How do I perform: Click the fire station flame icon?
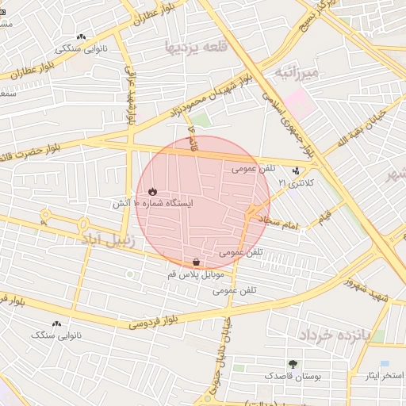(152, 191)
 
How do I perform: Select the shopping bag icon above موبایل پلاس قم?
(196, 262)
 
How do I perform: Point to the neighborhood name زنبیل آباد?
(111, 236)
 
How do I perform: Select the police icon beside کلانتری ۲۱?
(297, 170)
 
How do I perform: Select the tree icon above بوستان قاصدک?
(293, 364)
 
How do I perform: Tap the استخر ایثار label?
(377, 376)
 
